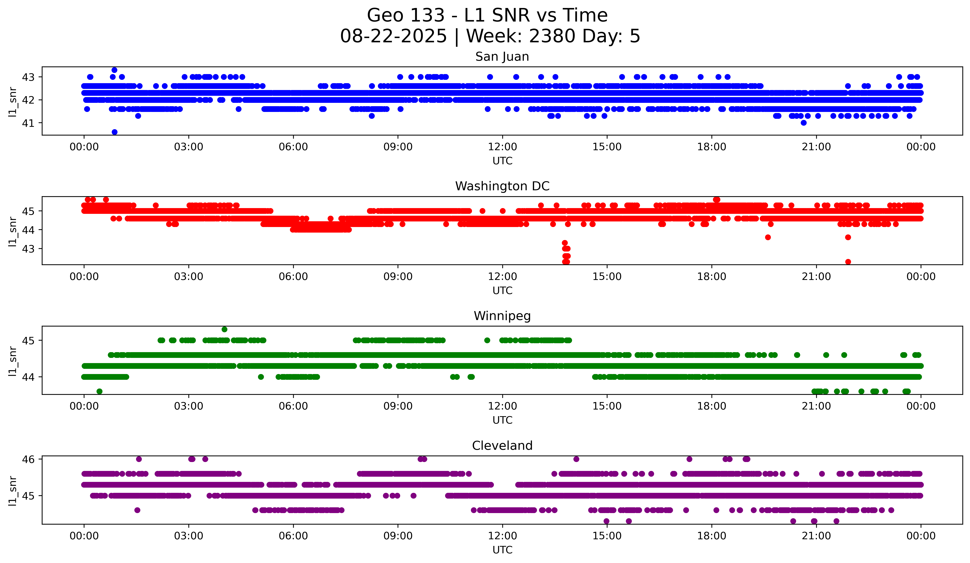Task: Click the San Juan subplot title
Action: [x=502, y=57]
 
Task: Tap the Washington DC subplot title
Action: [x=502, y=186]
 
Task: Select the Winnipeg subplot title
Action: [x=502, y=316]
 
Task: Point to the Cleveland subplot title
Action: [x=502, y=446]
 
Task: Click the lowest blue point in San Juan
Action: [x=114, y=132]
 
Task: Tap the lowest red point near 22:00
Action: [x=848, y=262]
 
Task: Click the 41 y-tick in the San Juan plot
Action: [x=28, y=123]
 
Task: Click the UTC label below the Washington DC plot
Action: [x=502, y=291]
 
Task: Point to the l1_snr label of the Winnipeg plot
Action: [x=13, y=361]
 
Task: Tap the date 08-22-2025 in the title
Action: [x=393, y=36]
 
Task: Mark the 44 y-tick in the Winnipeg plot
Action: [x=28, y=377]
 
